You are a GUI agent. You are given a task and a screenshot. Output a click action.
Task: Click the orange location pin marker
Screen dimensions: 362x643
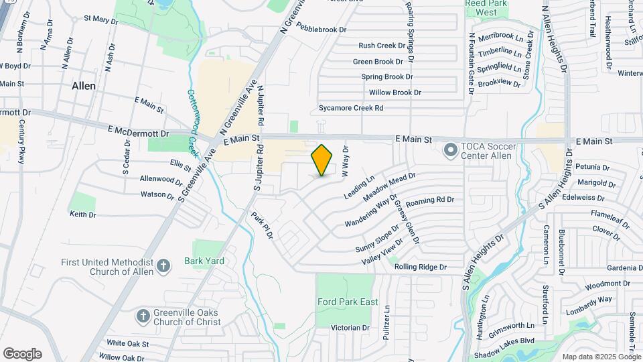[x=322, y=160]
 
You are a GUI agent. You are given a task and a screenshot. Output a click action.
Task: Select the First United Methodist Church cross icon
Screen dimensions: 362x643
[x=163, y=266]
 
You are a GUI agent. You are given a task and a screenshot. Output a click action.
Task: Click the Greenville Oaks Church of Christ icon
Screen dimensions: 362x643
[x=143, y=315]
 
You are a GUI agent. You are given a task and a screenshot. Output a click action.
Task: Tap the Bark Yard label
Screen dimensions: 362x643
[x=204, y=260]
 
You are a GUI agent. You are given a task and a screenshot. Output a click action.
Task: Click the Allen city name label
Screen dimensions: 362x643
[x=84, y=86]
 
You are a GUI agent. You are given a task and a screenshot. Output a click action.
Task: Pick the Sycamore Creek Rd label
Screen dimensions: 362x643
[x=351, y=107]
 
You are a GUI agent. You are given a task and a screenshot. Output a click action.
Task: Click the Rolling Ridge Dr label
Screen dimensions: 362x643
[x=421, y=267]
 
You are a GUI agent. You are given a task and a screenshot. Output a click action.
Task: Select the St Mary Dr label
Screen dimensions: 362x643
[x=101, y=19]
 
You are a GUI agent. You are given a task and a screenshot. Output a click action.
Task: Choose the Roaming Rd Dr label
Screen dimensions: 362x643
[x=430, y=200]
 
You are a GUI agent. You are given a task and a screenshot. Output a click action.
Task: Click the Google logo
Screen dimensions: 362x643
[x=22, y=353]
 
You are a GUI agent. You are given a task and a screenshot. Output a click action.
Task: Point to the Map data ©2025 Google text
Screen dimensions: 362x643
[x=601, y=357]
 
